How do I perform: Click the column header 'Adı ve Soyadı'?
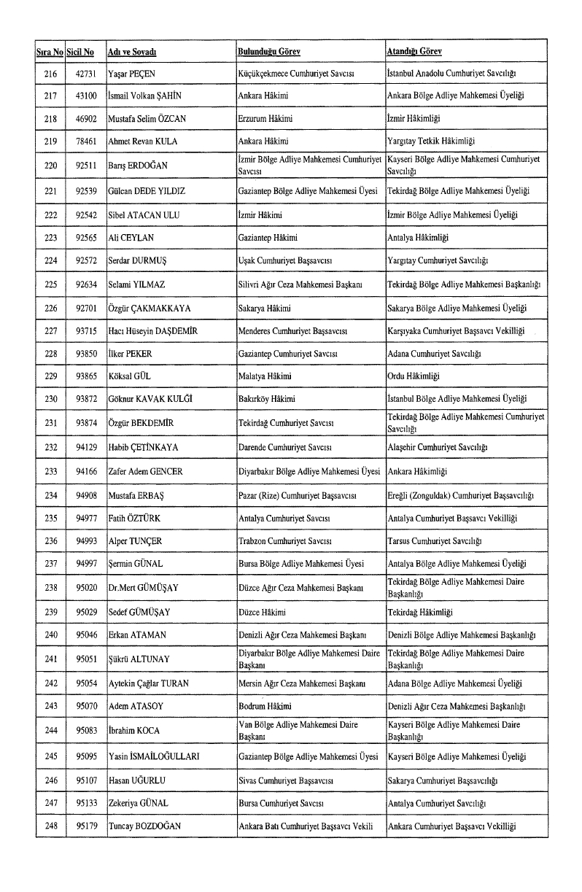133,52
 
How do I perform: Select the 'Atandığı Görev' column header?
414,52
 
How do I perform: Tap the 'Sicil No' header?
79,52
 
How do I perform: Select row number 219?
50,141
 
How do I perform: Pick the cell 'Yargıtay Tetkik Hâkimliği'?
431,141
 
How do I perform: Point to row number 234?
50,495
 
